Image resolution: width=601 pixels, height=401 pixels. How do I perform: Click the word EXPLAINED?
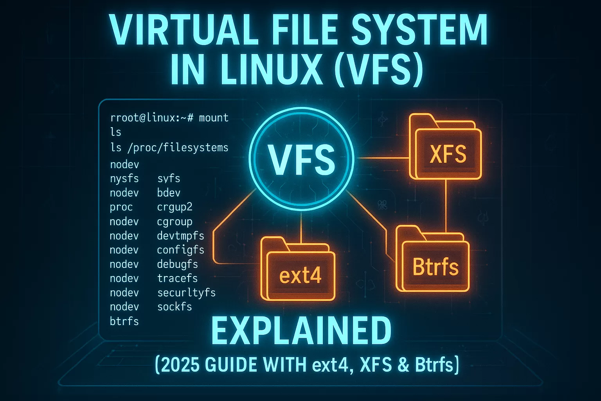pos(301,331)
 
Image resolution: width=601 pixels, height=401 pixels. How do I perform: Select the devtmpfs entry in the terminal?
pos(180,236)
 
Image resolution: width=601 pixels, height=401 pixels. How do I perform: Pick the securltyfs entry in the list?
pos(186,293)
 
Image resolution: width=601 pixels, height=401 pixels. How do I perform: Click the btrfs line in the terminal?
pos(124,321)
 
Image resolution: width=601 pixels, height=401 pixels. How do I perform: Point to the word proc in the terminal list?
pos(121,207)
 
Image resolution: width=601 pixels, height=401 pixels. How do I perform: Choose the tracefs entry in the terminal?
pos(177,278)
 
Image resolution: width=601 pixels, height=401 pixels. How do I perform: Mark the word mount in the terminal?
pos(214,117)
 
